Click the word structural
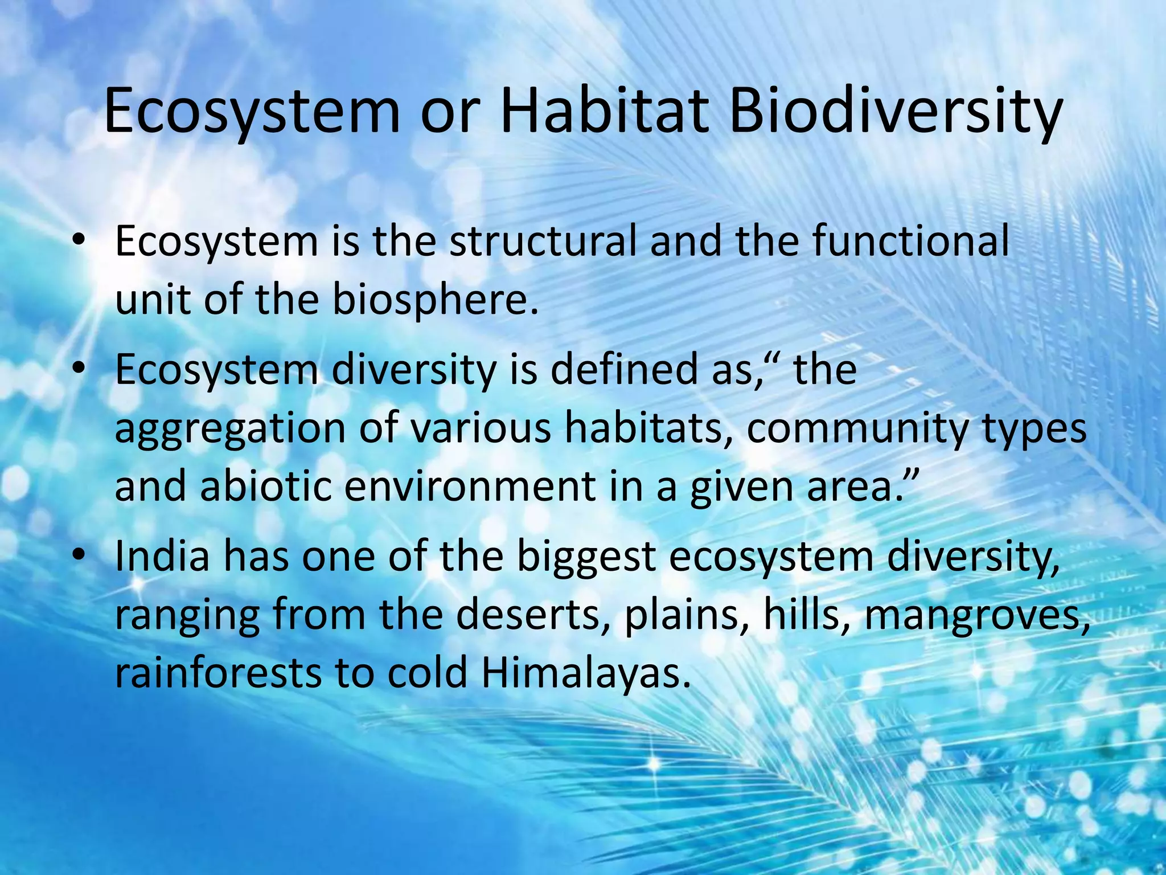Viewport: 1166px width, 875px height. point(543,242)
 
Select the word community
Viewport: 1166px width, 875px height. point(856,430)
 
